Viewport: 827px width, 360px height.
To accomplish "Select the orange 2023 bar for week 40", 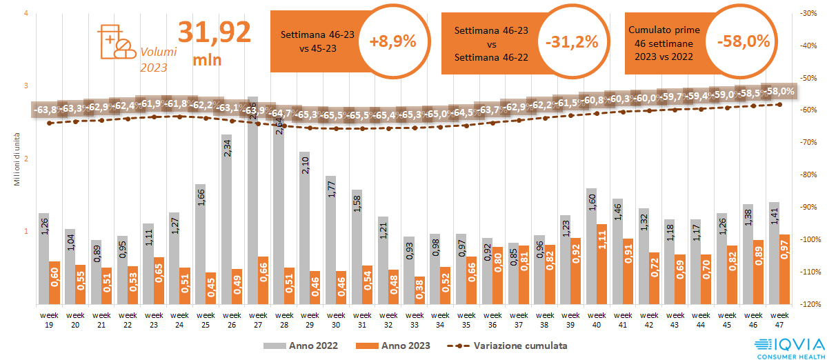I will coord(601,263).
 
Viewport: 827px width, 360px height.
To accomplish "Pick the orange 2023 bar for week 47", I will coord(784,269).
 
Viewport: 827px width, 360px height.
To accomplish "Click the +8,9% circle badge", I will coord(392,41).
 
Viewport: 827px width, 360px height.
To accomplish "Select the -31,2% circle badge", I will coord(571,41).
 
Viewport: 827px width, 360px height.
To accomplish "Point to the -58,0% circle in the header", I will coord(743,41).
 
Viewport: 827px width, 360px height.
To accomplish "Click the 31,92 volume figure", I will coord(215,32).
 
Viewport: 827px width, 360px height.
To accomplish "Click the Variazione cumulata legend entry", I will coord(507,345).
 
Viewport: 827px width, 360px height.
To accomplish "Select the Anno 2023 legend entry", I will coord(394,345).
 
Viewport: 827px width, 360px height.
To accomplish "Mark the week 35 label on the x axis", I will coord(466,319).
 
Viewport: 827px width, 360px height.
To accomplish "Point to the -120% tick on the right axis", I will coord(806,304).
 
